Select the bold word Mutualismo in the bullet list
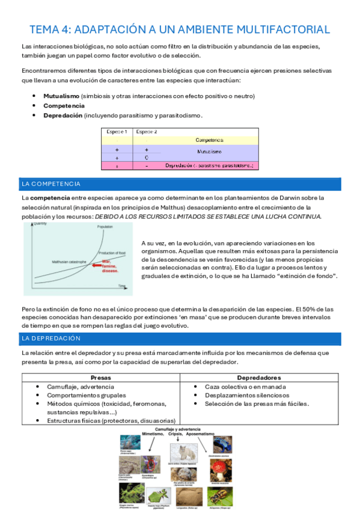tap(61, 96)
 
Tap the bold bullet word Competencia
tap(64, 106)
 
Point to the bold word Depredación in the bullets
tap(63, 115)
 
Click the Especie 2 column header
tap(147, 131)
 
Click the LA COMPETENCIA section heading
tap(50, 183)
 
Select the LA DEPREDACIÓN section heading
tap(50, 339)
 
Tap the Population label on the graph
tap(105, 227)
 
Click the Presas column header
tap(100, 378)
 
